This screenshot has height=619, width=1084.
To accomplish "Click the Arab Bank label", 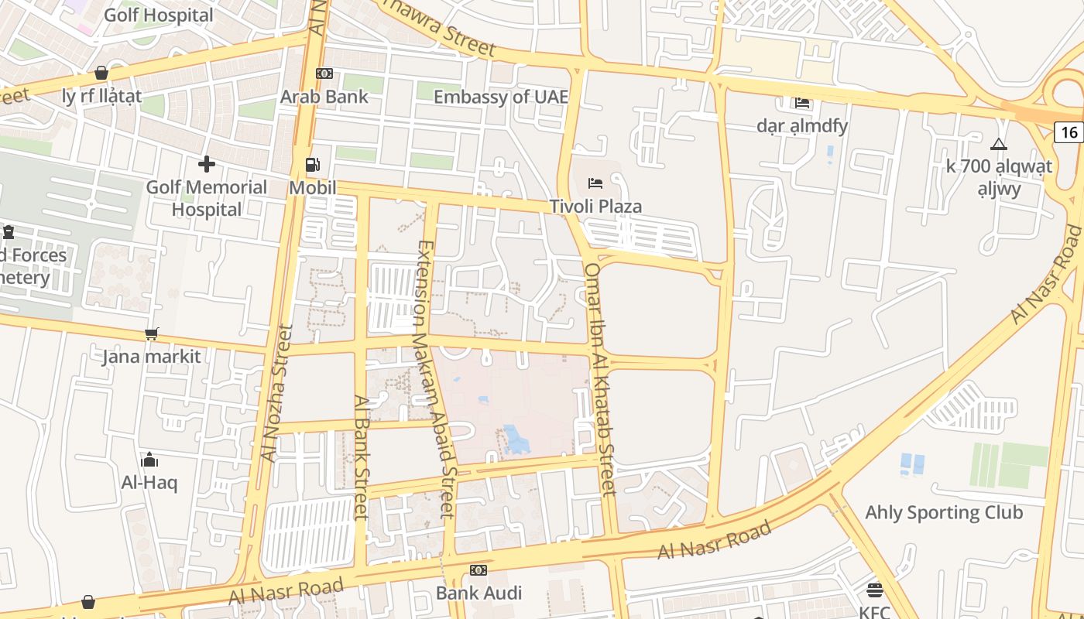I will (324, 97).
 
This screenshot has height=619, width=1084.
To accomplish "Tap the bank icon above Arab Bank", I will (324, 74).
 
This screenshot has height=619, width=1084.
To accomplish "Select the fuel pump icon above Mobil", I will (313, 164).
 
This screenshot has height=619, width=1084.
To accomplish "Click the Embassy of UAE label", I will (500, 97).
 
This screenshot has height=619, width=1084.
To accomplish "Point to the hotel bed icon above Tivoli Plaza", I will (595, 183).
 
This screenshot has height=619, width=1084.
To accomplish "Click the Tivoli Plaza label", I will (595, 207).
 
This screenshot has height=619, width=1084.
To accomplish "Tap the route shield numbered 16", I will (1069, 132).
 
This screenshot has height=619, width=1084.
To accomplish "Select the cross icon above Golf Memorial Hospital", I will (206, 164).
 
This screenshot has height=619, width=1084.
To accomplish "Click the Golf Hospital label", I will (158, 15).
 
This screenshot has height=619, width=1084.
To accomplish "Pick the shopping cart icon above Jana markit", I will (151, 334).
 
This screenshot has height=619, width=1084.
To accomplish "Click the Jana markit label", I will (151, 357).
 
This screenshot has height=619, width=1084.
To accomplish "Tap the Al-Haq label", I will (149, 483).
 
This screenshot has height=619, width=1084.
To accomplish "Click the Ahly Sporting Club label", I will (943, 512).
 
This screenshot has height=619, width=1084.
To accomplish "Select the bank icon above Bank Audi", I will (479, 570).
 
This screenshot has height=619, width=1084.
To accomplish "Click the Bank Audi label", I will (479, 593).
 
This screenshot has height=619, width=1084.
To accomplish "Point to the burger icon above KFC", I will (875, 590).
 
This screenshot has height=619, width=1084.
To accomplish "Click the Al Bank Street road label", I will (361, 457).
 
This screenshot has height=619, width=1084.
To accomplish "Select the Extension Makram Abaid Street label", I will (435, 379).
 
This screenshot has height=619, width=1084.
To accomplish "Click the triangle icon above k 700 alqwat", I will (999, 144).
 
